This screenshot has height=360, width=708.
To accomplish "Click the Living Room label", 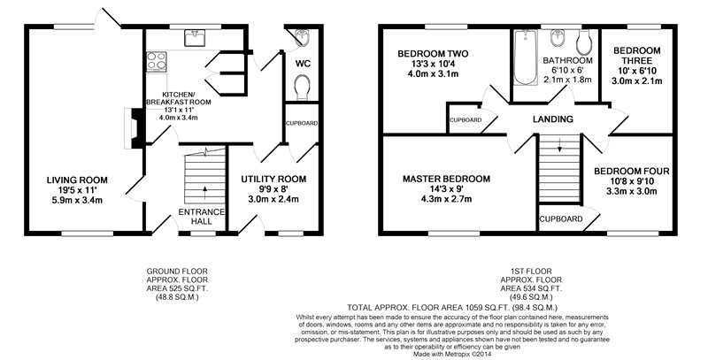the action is point(77,180).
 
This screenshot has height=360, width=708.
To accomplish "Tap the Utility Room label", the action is point(273,179).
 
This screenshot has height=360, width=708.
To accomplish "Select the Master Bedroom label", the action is point(446,179).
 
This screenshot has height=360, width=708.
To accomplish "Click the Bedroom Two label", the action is point(433,54).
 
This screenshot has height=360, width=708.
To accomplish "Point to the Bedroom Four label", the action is point(631,172).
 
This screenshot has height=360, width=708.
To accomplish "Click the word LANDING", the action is point(552,119).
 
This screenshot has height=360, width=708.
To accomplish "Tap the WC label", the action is point(303,64).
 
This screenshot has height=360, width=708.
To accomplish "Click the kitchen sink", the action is point(195,37).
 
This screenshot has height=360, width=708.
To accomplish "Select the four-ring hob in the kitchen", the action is point(157,61).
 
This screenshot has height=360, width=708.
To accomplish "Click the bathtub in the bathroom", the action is point(525,57).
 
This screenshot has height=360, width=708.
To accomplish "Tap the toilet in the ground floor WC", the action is point(302,87).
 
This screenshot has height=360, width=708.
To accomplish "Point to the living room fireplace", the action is point(134,127).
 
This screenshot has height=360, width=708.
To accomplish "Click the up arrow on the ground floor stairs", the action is point(205,193).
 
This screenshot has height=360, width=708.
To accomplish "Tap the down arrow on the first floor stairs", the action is point(559,146).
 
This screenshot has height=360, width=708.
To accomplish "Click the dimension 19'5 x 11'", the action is point(77,190).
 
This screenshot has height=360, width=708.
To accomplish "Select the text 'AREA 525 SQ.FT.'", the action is point(177,288).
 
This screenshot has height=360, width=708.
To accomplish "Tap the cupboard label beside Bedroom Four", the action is point(562,219).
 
